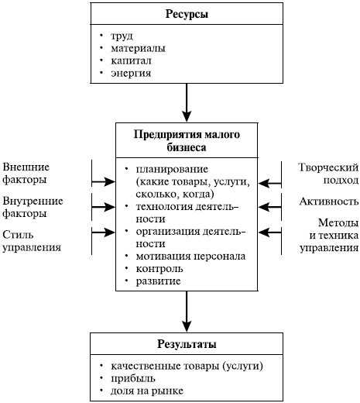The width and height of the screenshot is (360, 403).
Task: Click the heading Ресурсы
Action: point(187,15)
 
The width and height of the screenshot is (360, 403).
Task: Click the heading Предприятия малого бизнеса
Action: point(187,140)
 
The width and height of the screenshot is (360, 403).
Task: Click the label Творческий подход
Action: point(328,174)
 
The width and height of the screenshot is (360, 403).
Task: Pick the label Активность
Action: point(328,202)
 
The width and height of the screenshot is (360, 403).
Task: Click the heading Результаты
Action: point(187,343)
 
